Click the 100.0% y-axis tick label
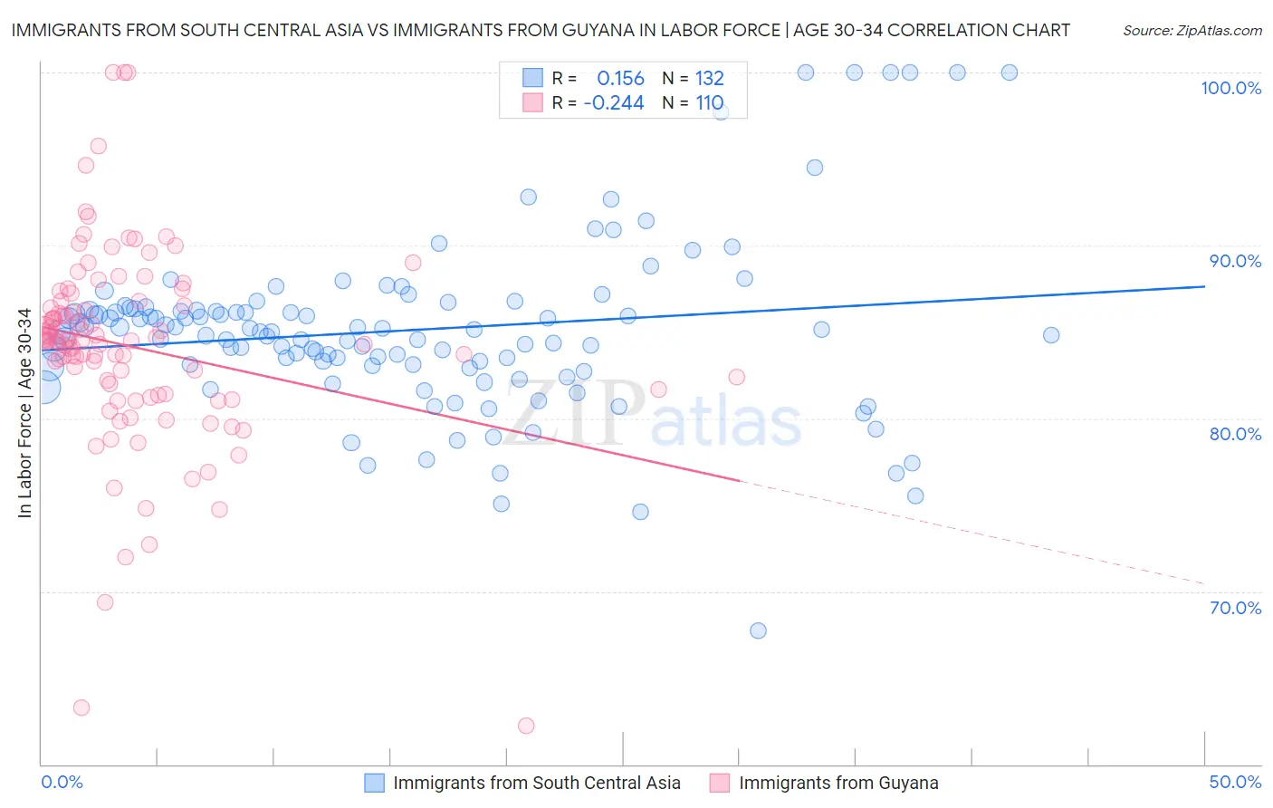(1230, 88)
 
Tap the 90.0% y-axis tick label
(1235, 261)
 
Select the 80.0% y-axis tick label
(1235, 434)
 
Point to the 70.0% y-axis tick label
(1235, 608)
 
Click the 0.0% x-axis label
(62, 782)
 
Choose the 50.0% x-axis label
(1235, 782)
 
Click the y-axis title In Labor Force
(24, 413)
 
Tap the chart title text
(541, 30)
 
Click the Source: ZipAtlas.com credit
(1192, 30)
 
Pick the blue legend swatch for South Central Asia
(375, 783)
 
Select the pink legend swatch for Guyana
(720, 783)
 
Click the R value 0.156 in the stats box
(620, 78)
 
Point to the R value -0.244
(614, 102)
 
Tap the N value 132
(709, 78)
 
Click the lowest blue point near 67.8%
(759, 630)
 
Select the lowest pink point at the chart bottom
(526, 726)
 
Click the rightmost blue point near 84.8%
(1051, 335)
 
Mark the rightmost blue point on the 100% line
(1010, 72)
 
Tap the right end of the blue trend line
(1204, 286)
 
